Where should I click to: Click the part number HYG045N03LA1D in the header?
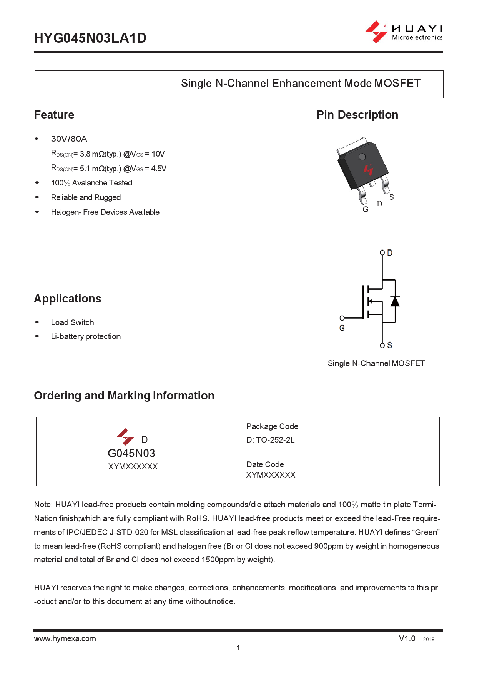tap(90, 38)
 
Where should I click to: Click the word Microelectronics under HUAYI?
tap(417, 38)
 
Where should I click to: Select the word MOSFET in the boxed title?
tap(397, 83)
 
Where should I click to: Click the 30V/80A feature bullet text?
tap(69, 139)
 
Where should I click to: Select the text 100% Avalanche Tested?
tap(91, 183)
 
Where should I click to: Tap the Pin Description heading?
tap(357, 115)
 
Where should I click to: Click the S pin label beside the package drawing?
tap(391, 197)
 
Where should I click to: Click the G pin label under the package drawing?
tap(366, 209)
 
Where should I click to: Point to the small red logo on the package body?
tap(369, 169)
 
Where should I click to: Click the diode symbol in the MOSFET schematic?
tap(395, 301)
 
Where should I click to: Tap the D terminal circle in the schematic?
tap(382, 252)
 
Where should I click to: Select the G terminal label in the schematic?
tap(342, 328)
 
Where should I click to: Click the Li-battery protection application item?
tap(86, 336)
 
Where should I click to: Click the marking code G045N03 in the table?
tap(131, 453)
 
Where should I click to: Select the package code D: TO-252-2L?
tap(271, 440)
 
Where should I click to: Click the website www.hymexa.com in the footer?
tap(65, 638)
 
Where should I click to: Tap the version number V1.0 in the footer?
tap(407, 638)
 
